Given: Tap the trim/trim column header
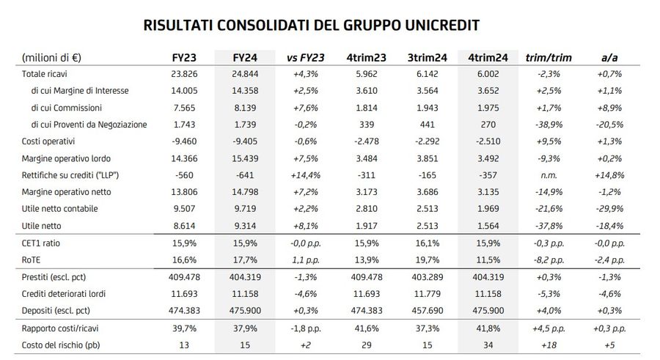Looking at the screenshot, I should point(549,57).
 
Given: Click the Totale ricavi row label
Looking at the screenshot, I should point(45,74).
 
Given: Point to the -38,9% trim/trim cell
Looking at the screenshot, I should point(549,125).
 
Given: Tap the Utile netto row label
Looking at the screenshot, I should point(41,224).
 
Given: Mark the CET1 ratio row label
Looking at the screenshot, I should point(41,243).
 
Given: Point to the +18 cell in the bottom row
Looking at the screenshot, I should point(549,345).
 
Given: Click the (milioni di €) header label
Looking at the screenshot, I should point(51,57).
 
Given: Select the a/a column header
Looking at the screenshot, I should point(608,57).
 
